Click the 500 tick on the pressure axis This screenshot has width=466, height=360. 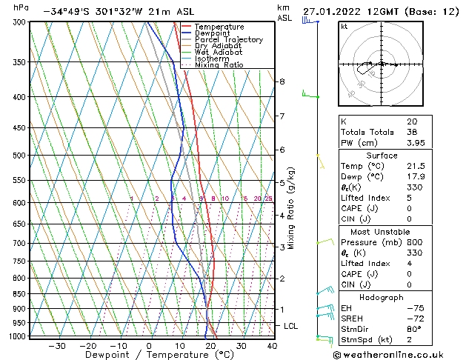tap(19, 156)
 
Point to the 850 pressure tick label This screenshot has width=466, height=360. tap(19, 294)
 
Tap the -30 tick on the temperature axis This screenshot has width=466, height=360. tap(57, 346)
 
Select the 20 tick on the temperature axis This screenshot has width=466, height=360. tap(211, 346)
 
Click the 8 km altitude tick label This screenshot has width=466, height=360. tap(282, 81)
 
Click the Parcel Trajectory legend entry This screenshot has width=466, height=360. tap(228, 40)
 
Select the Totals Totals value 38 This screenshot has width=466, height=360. tap(412, 132)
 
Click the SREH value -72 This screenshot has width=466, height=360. tap(414, 319)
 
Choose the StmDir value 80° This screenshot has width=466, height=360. tap(414, 330)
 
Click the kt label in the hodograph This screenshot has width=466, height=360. tap(344, 27)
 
